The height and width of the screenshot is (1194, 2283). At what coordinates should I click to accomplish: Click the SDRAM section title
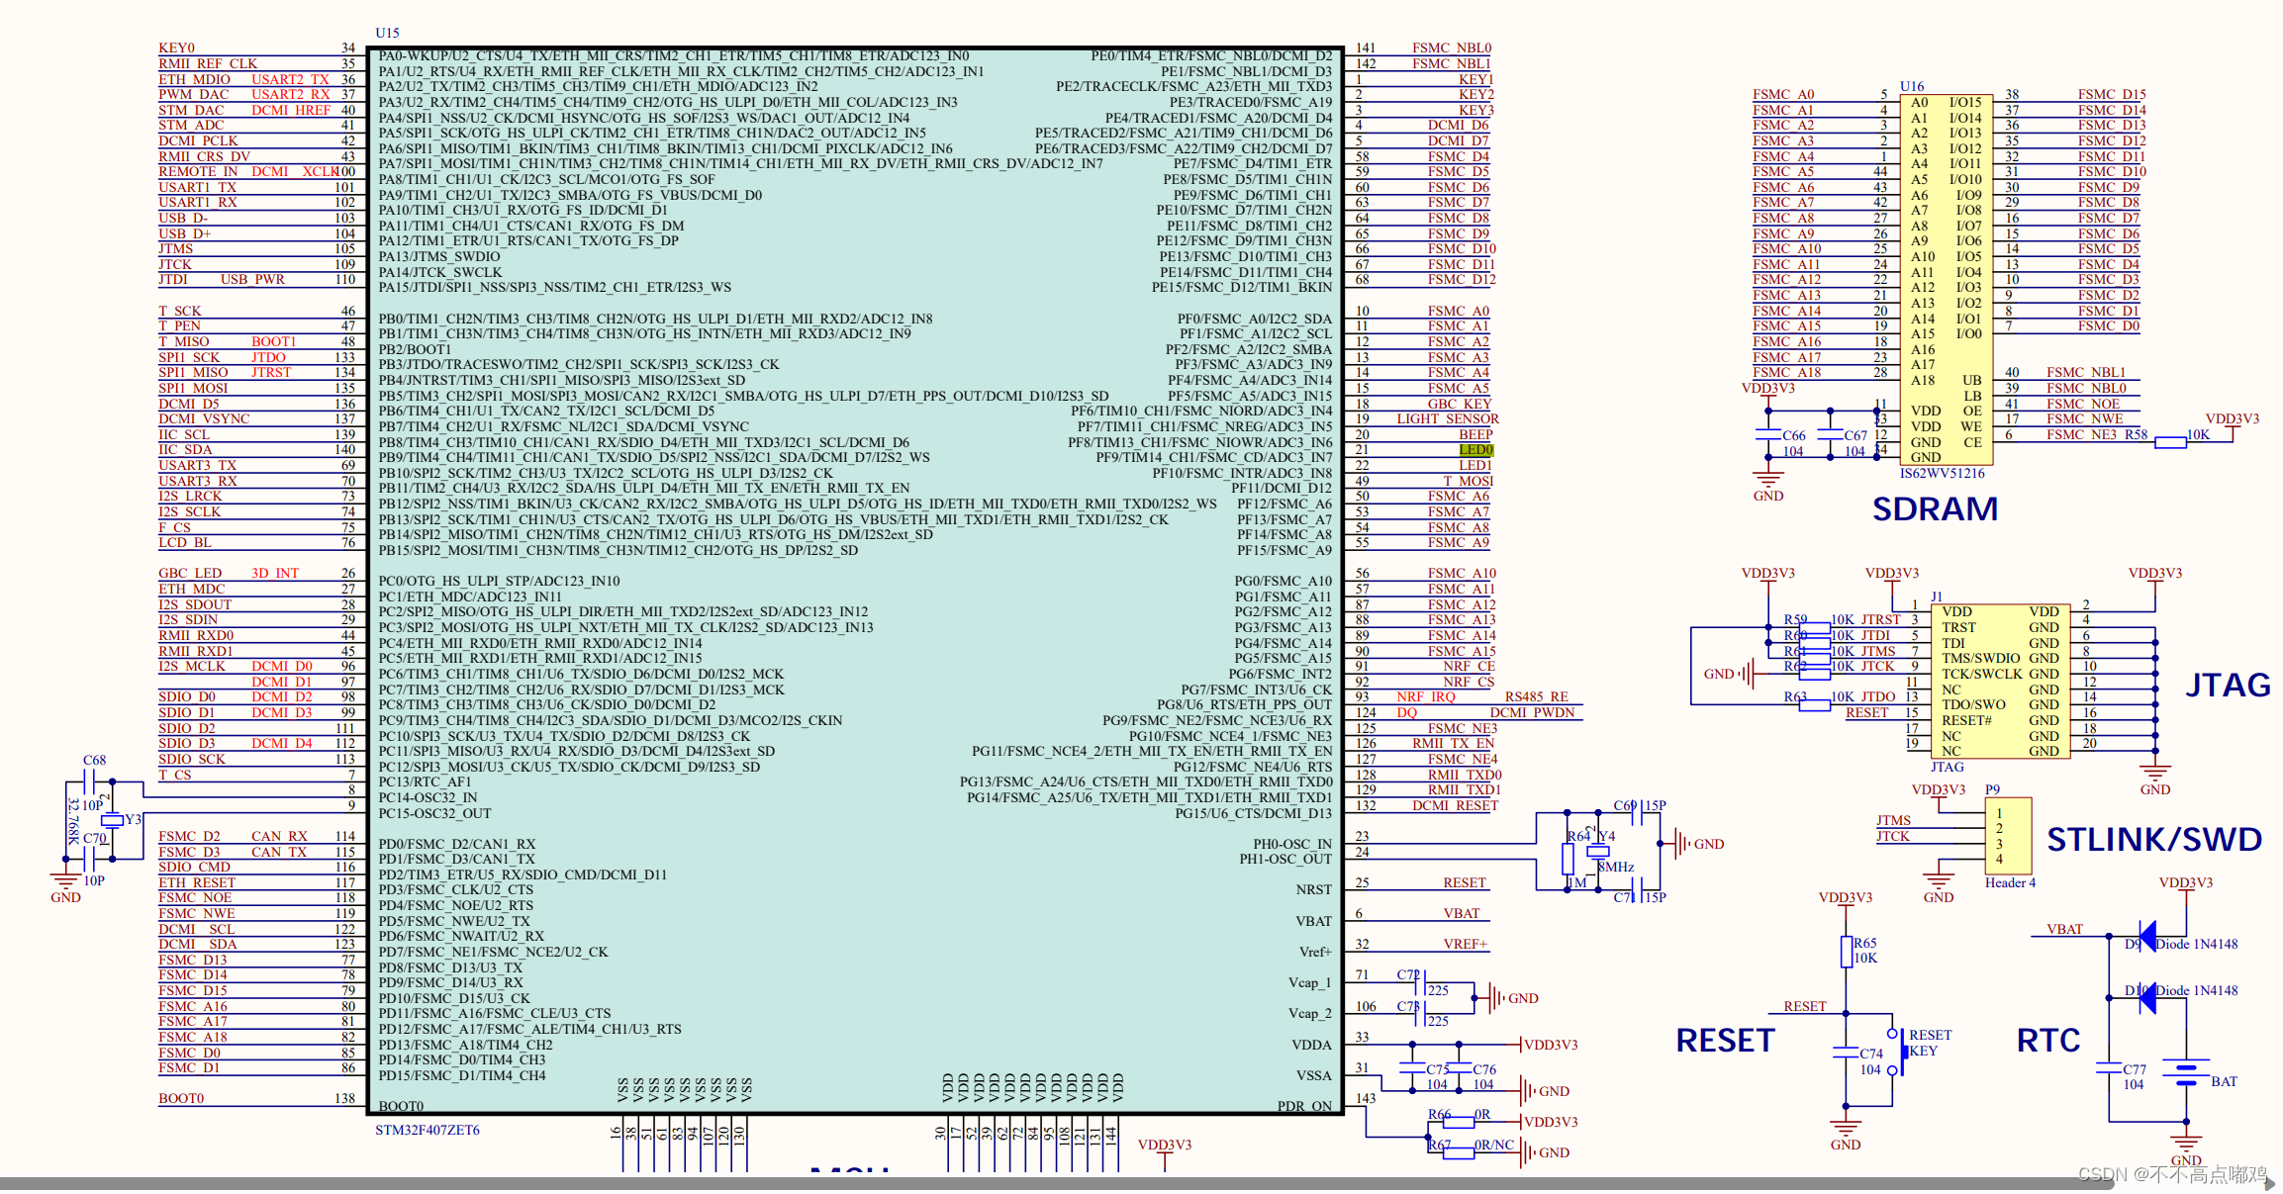1935,508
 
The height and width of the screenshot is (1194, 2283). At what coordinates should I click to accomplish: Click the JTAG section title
2228,685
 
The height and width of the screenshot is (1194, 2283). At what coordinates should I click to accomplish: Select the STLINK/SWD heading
2153,839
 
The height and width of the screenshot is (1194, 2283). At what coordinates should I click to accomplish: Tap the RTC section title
2047,1040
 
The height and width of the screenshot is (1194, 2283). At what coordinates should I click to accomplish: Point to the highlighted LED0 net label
1475,450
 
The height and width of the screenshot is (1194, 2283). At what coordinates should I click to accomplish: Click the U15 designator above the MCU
387,33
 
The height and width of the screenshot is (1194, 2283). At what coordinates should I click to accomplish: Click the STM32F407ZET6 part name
427,1130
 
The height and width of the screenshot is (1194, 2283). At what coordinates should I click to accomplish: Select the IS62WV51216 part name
1942,473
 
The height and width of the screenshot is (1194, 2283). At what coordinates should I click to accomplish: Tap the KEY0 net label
177,47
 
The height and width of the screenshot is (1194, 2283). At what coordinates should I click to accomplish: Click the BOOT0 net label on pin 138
181,1098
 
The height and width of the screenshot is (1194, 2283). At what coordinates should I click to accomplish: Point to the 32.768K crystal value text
73,821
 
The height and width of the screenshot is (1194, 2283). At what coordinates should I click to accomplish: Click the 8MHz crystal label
1615,867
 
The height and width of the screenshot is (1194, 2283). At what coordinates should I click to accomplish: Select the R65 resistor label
1864,943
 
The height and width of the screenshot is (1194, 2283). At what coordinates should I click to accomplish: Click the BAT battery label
2224,1081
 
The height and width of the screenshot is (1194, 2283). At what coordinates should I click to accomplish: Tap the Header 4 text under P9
2009,882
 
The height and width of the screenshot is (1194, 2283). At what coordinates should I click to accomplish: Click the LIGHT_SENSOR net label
1447,418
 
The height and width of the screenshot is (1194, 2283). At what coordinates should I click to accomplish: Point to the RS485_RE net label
1536,696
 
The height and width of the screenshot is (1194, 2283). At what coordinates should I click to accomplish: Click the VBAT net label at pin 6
1461,913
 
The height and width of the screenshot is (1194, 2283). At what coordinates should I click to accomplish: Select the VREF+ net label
1465,944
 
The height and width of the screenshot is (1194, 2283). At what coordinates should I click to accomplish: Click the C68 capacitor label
94,760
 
